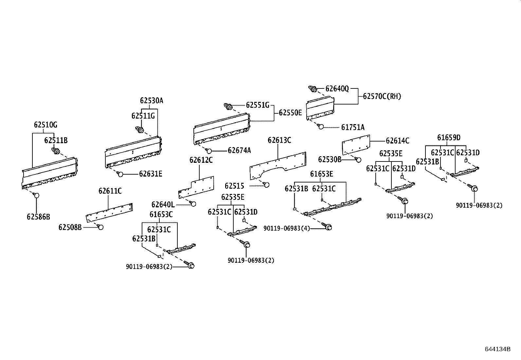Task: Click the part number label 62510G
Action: coord(45,125)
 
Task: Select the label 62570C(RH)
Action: coord(382,96)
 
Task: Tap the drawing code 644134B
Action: coord(497,349)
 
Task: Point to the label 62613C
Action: coord(279,140)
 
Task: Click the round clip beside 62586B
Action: coord(36,196)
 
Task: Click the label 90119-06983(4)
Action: coord(286,228)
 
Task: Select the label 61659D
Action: coord(449,137)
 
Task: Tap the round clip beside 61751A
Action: coord(321,127)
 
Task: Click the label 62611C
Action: coord(110,191)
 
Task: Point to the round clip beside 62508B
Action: coord(100,227)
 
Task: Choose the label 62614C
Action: coord(397,141)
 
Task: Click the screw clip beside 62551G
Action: coord(228,106)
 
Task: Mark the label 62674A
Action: coord(239,150)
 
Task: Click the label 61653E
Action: coord(321,174)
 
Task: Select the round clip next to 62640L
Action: coord(193,204)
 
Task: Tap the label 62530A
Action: coord(152,101)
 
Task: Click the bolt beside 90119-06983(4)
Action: coord(328,226)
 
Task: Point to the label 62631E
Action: coord(151,174)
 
